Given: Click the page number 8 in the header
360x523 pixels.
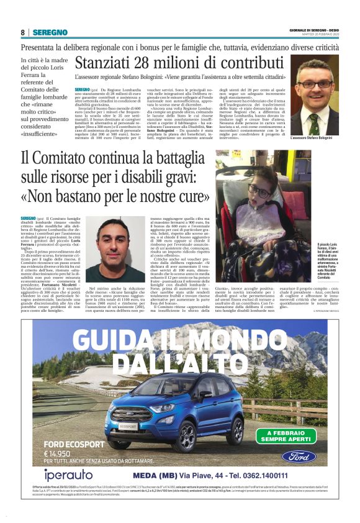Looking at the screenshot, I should click(22, 32).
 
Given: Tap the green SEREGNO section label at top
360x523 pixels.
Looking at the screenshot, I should click(50, 32).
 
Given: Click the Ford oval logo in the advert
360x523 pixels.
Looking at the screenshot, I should click(298, 456).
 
